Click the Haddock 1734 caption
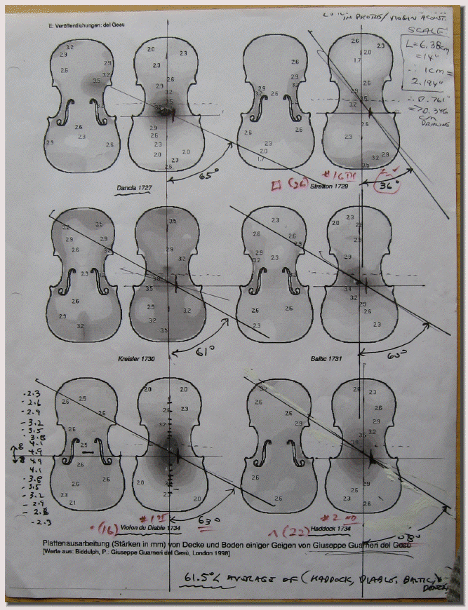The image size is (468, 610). click(x=335, y=527)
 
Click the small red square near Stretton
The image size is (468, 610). click(x=278, y=185)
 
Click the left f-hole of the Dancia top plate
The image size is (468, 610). click(x=69, y=112)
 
